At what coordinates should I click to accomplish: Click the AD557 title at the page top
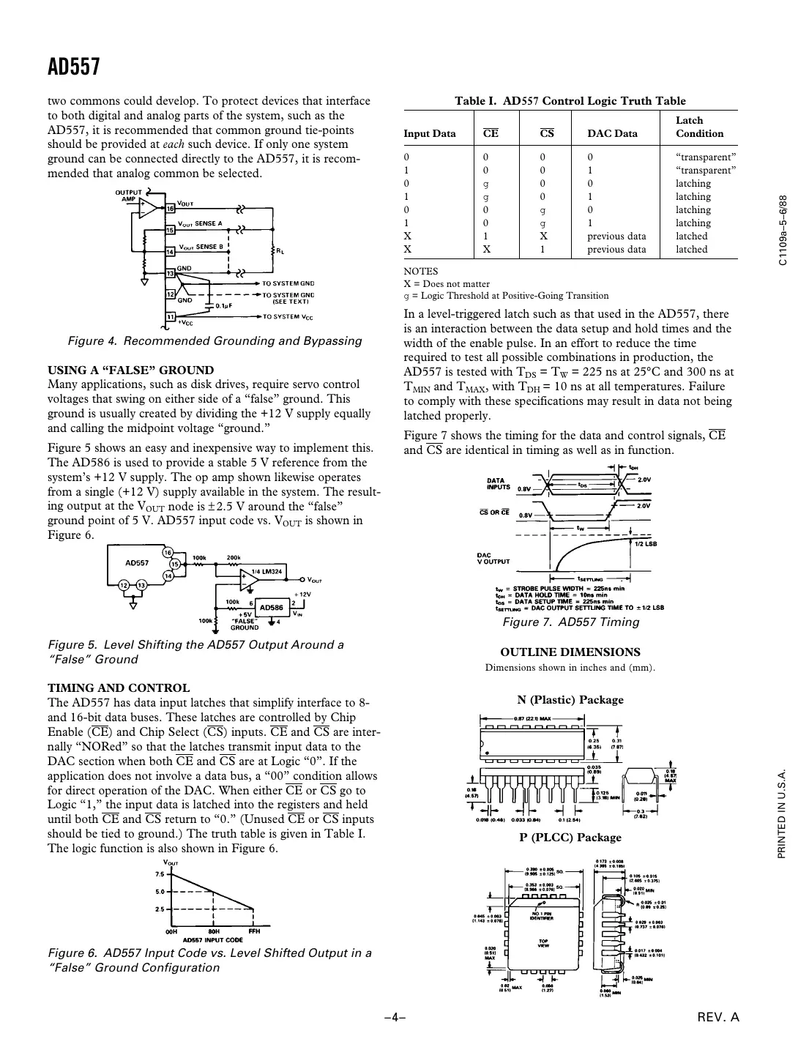tap(73, 67)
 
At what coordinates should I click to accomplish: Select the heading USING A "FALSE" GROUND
tap(130, 370)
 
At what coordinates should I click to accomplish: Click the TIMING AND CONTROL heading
tap(119, 688)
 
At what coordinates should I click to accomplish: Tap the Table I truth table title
tap(570, 101)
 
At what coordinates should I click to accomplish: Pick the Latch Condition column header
tap(699, 127)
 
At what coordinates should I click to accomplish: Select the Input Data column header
tap(430, 133)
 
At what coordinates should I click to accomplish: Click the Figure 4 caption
tap(215, 340)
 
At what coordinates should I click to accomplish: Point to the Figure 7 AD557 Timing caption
tap(570, 622)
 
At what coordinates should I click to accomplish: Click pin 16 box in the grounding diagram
tap(170, 209)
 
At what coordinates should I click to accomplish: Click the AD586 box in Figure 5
tap(272, 607)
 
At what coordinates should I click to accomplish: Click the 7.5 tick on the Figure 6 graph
tap(160, 874)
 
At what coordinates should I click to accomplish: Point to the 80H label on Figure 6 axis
tap(213, 931)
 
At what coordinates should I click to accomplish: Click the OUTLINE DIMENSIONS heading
tap(570, 652)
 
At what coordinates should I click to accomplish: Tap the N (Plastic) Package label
tap(570, 699)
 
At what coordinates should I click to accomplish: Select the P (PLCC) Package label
tap(570, 837)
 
